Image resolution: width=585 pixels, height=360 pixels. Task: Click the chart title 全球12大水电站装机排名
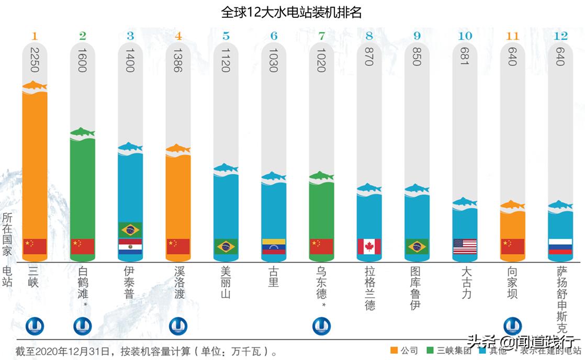click(x=291, y=12)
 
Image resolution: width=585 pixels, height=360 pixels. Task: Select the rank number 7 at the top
click(x=321, y=36)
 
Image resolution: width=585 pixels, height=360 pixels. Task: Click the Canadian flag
click(x=369, y=246)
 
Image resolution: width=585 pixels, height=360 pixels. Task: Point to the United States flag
click(x=465, y=246)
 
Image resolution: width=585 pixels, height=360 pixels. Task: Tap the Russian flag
click(x=560, y=246)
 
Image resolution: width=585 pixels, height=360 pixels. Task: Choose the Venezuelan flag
click(x=273, y=246)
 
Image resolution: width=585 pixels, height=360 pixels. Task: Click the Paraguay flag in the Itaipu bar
click(x=130, y=246)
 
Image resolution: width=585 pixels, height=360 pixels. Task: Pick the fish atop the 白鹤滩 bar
click(x=83, y=131)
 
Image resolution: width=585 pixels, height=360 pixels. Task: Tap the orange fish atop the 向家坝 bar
click(x=512, y=205)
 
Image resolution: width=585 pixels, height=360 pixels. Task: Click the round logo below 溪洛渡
click(x=178, y=327)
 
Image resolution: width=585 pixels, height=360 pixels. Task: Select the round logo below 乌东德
click(x=321, y=327)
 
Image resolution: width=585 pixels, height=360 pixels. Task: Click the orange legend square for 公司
click(x=395, y=351)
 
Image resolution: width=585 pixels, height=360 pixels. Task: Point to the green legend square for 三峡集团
click(x=431, y=351)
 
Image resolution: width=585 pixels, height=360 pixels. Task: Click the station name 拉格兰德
click(x=369, y=288)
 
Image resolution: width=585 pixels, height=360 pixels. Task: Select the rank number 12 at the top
click(x=560, y=36)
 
